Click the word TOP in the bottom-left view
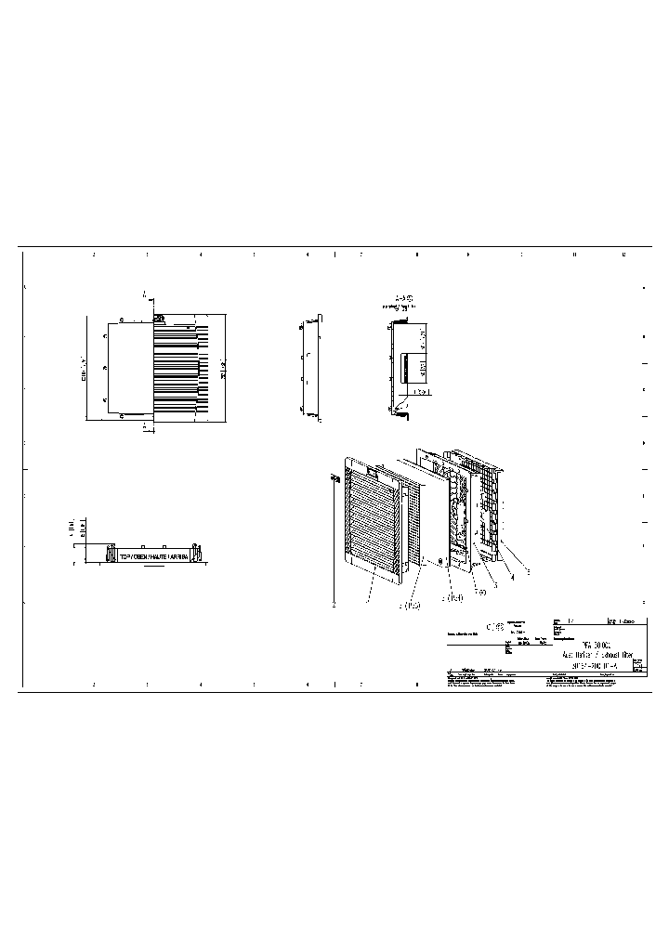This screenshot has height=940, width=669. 124,555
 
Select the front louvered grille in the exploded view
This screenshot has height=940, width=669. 372,516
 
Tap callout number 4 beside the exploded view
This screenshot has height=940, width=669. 510,578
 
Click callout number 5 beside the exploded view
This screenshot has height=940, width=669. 528,571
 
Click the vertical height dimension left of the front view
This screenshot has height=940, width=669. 85,369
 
